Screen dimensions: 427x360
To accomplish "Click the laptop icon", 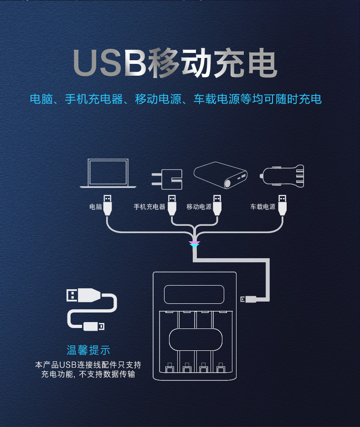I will coord(108,173).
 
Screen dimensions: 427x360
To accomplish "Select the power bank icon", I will coord(221,176).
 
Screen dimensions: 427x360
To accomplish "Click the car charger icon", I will coord(283,175).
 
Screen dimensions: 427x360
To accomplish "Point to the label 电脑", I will coord(96,207).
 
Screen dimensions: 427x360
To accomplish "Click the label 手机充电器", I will coord(149,207).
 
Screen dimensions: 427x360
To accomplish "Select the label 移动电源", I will coord(199,207).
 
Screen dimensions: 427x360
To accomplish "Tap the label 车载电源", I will coord(263,207).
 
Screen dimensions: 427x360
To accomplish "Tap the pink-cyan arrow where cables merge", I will coord(195,245).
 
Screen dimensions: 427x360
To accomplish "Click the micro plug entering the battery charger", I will coord(249,299).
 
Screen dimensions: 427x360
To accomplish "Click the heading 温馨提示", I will coord(88,350).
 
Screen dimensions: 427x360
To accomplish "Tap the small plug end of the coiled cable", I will coord(94,326).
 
